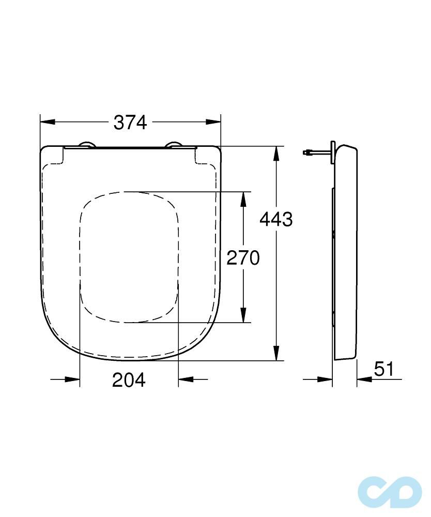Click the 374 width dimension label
130,123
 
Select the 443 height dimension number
276,219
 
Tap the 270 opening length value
243,257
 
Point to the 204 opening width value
129,380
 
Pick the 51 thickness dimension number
384,369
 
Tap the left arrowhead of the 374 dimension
48,122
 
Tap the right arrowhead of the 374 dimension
213,122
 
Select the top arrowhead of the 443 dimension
276,154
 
